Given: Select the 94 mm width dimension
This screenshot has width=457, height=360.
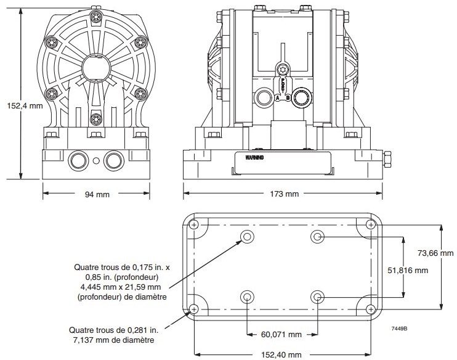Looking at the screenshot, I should [x=96, y=195].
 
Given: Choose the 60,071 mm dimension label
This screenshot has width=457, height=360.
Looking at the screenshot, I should [x=282, y=335].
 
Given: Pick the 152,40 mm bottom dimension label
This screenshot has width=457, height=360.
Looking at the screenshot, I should [x=282, y=354].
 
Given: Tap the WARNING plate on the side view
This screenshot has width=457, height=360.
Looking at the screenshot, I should [x=254, y=158].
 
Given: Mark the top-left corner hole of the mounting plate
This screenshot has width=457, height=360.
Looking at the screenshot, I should [x=195, y=224].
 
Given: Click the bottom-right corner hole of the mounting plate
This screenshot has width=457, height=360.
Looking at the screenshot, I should [x=371, y=308].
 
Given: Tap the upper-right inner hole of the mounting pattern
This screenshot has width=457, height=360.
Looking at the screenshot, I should [x=317, y=237].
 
